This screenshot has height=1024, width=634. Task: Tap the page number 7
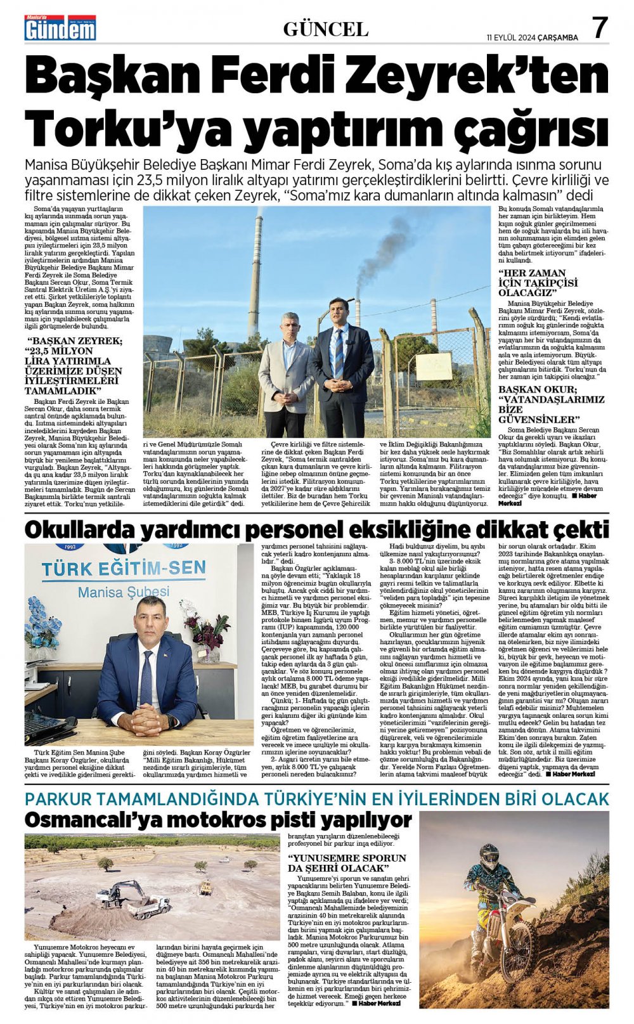pos(600,28)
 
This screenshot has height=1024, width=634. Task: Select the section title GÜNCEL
pos(325,29)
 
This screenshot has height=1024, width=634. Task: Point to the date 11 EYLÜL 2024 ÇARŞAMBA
pos(532,37)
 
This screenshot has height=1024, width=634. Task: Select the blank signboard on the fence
pos(434,366)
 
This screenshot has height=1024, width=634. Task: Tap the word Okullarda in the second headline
pos(82,529)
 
